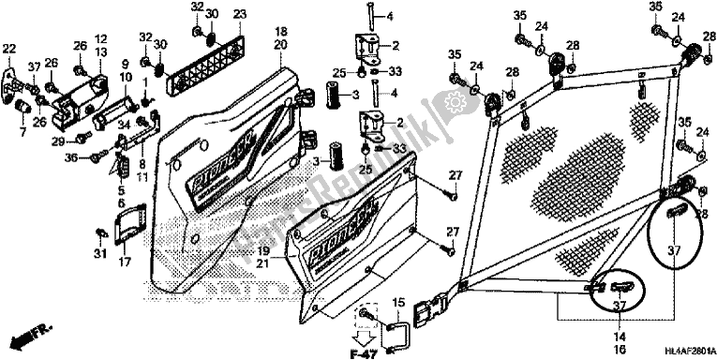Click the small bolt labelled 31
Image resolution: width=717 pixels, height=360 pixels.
[101, 232]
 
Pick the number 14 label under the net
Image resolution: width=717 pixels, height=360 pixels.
[596, 336]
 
